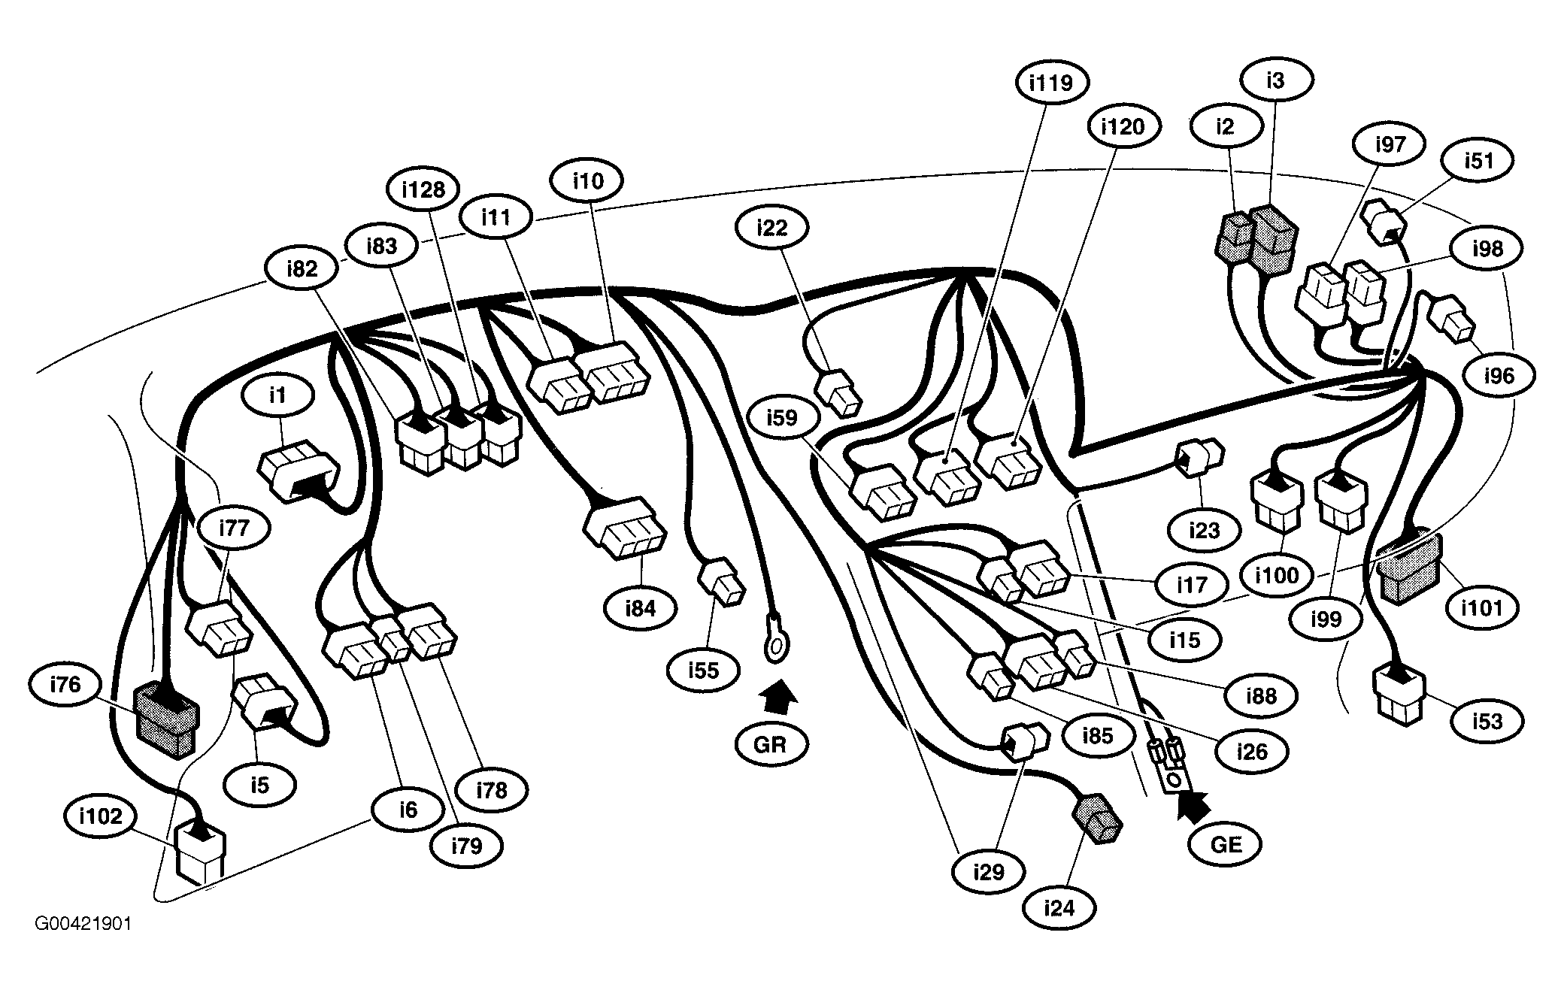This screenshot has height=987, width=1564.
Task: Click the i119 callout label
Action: click(x=1051, y=82)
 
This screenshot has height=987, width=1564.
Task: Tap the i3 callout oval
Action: click(x=1276, y=80)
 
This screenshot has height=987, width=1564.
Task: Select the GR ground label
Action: click(x=770, y=743)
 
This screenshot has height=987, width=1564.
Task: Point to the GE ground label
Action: click(x=1226, y=843)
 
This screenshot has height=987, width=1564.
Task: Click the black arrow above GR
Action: click(x=778, y=697)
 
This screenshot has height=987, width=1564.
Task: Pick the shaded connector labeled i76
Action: click(x=165, y=720)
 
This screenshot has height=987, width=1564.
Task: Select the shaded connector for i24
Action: click(x=1097, y=819)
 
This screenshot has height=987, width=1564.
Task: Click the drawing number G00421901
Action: click(x=83, y=923)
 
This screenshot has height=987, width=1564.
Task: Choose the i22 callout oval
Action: click(x=772, y=226)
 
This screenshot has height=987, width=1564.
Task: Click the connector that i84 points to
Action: click(x=624, y=528)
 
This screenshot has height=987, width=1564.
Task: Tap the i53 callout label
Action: click(x=1487, y=721)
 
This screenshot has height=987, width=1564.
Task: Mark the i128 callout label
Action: click(x=423, y=189)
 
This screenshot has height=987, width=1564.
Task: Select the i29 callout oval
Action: click(x=989, y=872)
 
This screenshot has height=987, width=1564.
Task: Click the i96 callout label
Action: click(x=1499, y=375)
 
